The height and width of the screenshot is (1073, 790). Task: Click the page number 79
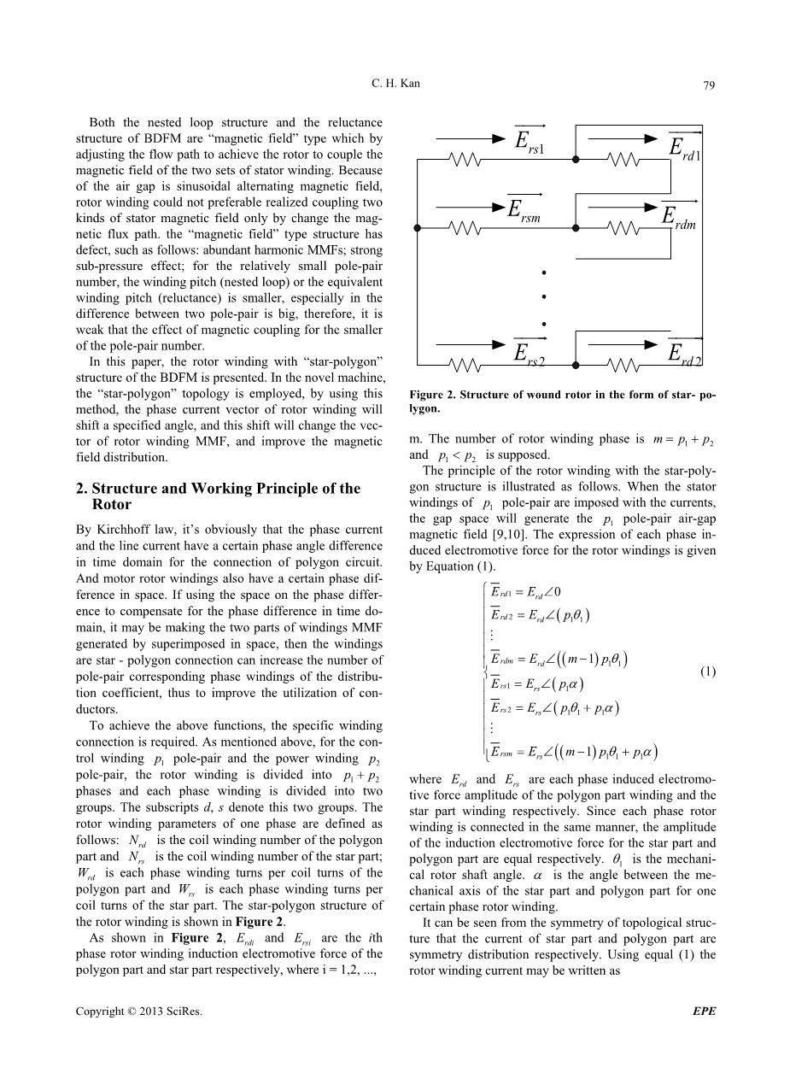[708, 85]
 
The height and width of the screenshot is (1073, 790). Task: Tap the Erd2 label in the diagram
[684, 354]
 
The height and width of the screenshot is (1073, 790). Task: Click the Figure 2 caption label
[436, 396]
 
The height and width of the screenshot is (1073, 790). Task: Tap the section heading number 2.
[80, 489]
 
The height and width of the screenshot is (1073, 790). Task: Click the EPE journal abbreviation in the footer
[704, 1011]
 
